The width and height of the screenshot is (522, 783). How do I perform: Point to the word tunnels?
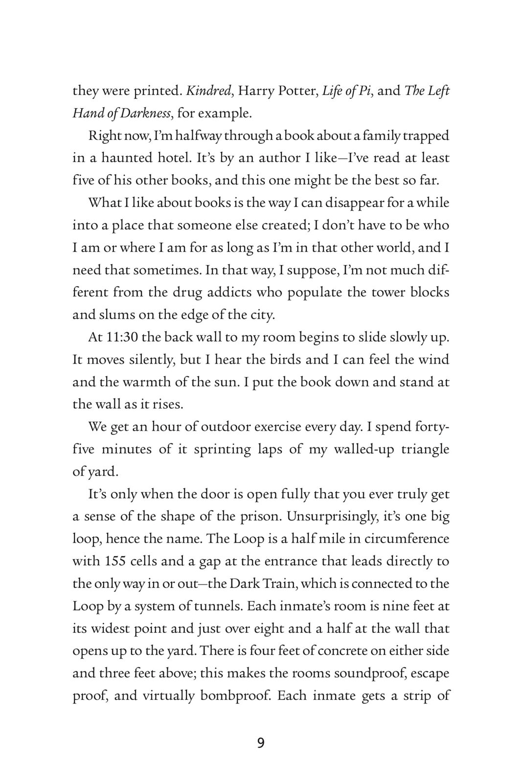pyautogui.click(x=218, y=606)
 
